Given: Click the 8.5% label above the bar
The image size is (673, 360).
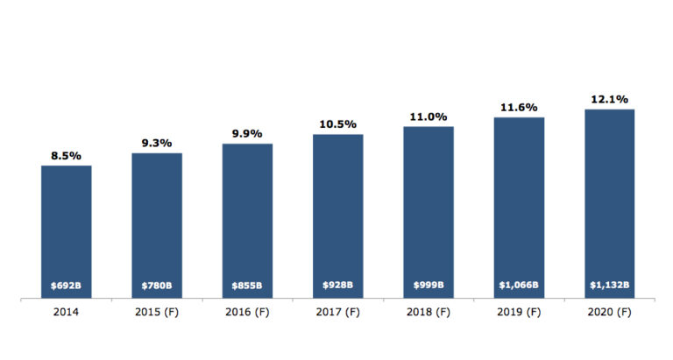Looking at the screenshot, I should [x=66, y=156].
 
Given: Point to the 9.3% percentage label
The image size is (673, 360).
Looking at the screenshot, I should [x=157, y=143].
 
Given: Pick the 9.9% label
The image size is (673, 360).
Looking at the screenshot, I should [x=247, y=133].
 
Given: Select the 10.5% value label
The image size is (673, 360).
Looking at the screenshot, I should [x=337, y=124].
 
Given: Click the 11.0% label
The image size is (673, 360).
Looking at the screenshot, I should [x=428, y=116].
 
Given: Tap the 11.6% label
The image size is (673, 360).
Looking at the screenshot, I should [x=518, y=107].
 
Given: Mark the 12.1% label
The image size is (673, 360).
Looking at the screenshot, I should [x=608, y=99].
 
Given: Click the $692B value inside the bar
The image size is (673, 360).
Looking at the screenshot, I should [x=67, y=286].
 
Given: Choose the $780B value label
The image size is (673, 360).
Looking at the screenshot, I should [x=157, y=286].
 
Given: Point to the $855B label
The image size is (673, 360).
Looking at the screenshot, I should [x=247, y=286].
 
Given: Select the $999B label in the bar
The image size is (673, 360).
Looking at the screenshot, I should [x=428, y=286].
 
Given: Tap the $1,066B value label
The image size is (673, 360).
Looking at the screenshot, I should [x=518, y=286].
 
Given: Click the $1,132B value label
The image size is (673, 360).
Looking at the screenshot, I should [x=608, y=286].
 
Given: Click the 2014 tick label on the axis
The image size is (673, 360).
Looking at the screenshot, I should [x=67, y=313].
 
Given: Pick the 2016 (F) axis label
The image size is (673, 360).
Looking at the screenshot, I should [x=247, y=313].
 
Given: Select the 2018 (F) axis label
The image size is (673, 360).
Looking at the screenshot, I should [x=428, y=313].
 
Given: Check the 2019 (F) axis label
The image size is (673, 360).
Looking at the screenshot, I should [x=518, y=313].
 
